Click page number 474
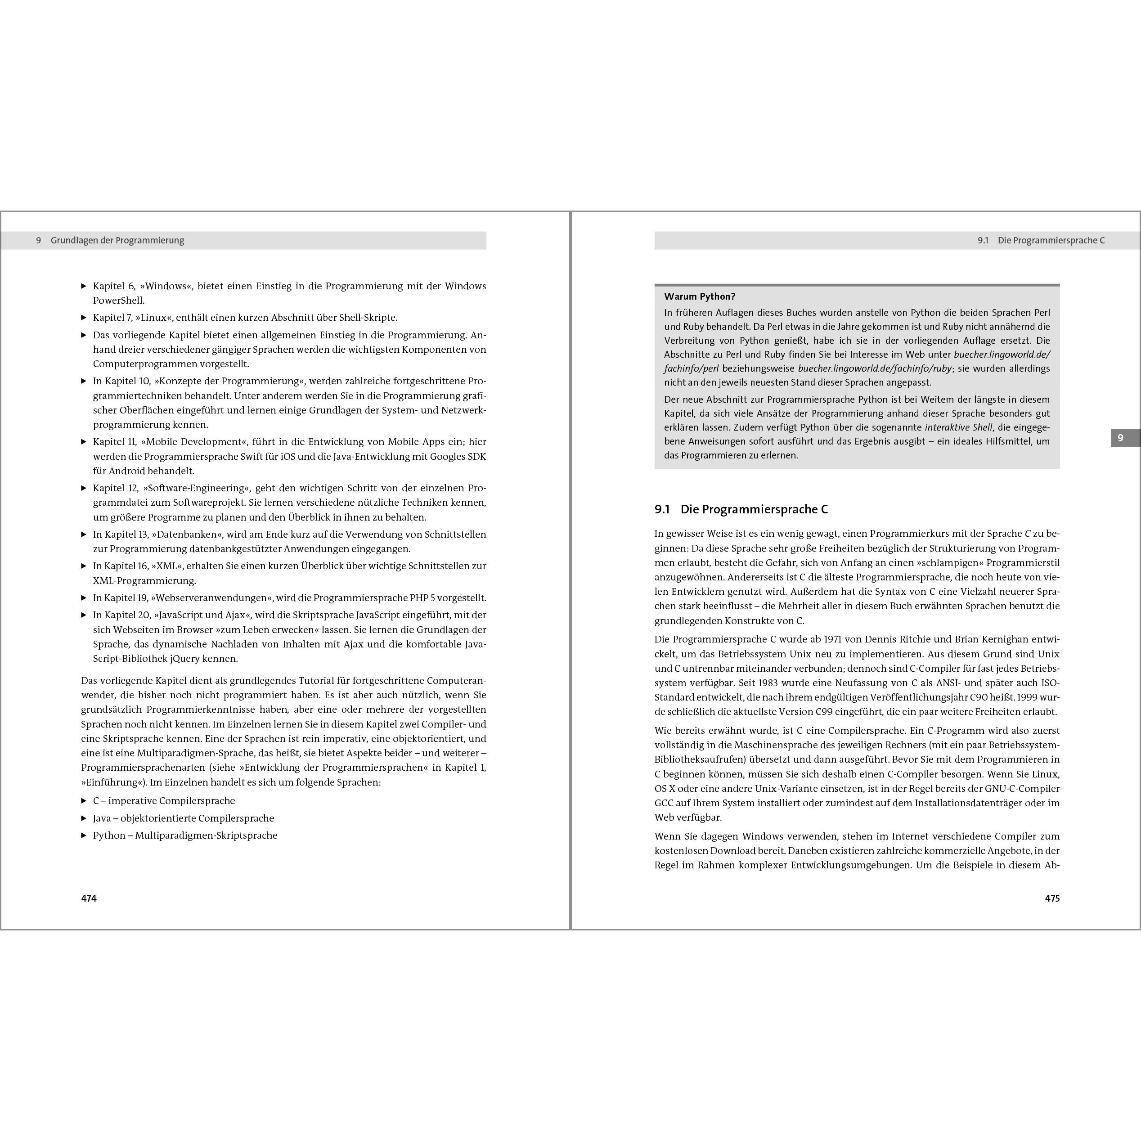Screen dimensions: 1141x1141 pos(89,898)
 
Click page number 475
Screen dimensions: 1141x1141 pos(1052,898)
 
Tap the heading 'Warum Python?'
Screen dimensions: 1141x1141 pos(699,296)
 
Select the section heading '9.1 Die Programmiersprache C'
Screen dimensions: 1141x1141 pos(741,509)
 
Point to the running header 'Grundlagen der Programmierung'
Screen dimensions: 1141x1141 pos(117,240)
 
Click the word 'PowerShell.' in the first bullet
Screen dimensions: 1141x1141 pos(118,301)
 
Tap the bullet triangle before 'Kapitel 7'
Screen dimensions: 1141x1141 pos(84,318)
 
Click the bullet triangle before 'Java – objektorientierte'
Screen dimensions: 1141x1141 pos(84,818)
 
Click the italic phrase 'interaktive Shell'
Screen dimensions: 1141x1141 pos(958,427)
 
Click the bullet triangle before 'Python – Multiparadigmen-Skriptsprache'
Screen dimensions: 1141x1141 pos(84,836)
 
